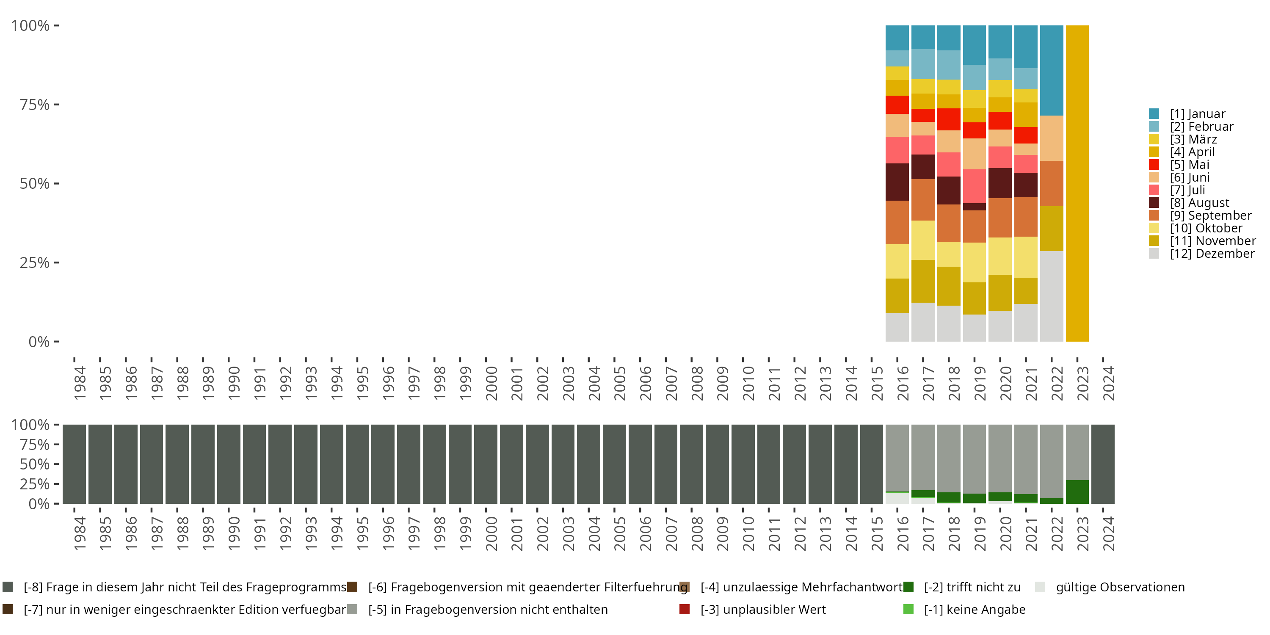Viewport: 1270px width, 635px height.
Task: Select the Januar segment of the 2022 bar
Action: tap(1051, 70)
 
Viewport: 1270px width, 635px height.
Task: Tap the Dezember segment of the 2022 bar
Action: tap(1051, 296)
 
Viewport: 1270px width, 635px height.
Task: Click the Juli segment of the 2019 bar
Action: tap(974, 186)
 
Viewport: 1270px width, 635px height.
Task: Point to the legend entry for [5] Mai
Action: tap(1189, 165)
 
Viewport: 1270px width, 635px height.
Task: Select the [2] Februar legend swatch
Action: tap(1154, 127)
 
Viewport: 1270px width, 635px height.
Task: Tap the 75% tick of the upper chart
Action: tap(35, 105)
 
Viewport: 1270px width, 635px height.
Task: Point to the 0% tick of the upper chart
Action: tap(39, 341)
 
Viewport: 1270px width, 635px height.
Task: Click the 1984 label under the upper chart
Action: tap(80, 383)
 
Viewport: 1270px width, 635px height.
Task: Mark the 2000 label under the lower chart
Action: tap(491, 533)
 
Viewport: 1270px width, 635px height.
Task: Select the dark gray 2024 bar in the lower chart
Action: tap(1102, 464)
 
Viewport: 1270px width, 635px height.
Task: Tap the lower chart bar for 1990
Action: tap(229, 464)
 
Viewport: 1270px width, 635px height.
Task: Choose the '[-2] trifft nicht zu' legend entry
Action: tap(972, 587)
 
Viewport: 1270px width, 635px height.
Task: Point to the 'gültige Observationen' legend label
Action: tap(1120, 587)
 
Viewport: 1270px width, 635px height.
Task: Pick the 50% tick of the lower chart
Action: tap(35, 464)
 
